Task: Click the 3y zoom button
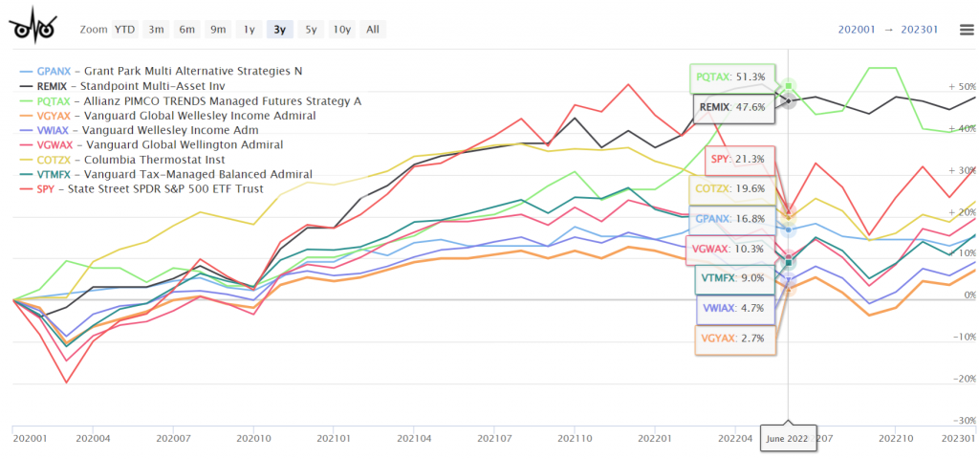[280, 29]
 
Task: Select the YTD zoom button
[125, 29]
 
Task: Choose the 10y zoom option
[341, 29]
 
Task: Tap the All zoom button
[373, 29]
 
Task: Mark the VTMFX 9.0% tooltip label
[733, 278]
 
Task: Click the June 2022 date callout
[788, 437]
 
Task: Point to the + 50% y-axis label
[962, 86]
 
